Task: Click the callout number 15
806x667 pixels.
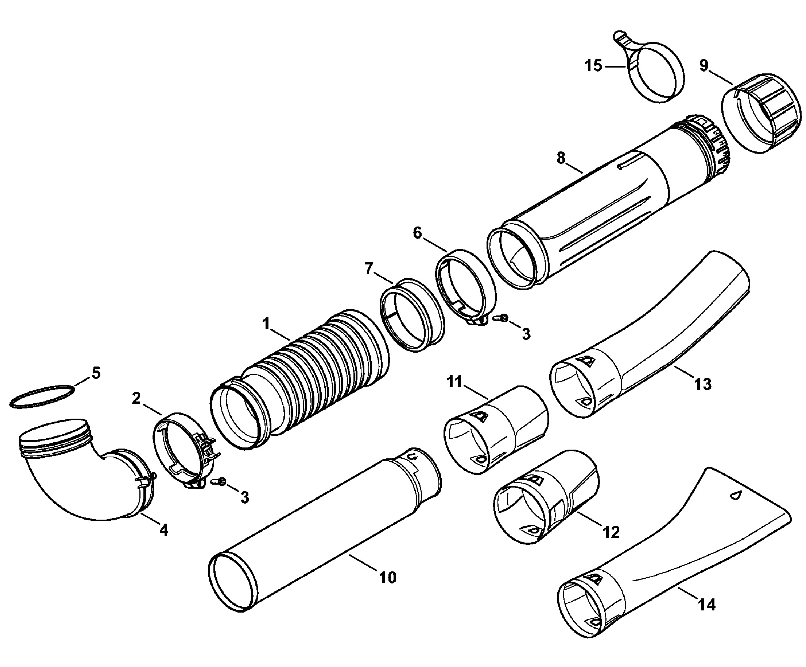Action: [x=593, y=66]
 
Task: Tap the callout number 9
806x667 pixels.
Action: [x=704, y=66]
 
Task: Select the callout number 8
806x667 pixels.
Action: [x=561, y=158]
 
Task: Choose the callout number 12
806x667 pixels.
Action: [x=611, y=532]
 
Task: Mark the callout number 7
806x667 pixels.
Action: [x=368, y=269]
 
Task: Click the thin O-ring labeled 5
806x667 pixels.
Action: [x=41, y=396]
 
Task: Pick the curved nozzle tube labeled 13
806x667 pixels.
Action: [x=652, y=334]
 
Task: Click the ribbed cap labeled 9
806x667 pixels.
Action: [x=762, y=117]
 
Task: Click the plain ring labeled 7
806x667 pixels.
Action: [x=413, y=315]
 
